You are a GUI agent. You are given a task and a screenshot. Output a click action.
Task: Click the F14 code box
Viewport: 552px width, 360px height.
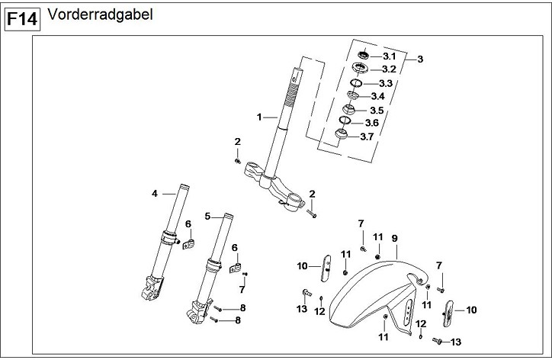pos(23,19)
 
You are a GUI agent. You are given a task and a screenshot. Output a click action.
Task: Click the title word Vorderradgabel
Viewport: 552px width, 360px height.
pos(99,15)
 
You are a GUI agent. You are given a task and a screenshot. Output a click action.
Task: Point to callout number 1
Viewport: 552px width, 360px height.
pos(260,117)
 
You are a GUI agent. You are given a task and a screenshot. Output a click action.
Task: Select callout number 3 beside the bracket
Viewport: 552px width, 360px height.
pos(419,59)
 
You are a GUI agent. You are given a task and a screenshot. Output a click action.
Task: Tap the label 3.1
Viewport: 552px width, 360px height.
pos(389,56)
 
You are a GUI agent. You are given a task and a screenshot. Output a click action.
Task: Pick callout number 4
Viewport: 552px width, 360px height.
pos(154,194)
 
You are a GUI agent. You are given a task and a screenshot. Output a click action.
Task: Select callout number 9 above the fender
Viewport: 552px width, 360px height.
pos(395,239)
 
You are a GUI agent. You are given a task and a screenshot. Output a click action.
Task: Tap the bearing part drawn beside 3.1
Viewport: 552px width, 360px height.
pos(364,54)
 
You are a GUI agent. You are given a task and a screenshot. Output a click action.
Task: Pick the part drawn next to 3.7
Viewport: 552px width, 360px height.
pos(343,136)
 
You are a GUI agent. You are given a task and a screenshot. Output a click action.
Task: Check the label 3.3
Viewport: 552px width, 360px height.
pos(386,83)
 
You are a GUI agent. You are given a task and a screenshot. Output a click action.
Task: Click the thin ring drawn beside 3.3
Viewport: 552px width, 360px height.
pos(355,82)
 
